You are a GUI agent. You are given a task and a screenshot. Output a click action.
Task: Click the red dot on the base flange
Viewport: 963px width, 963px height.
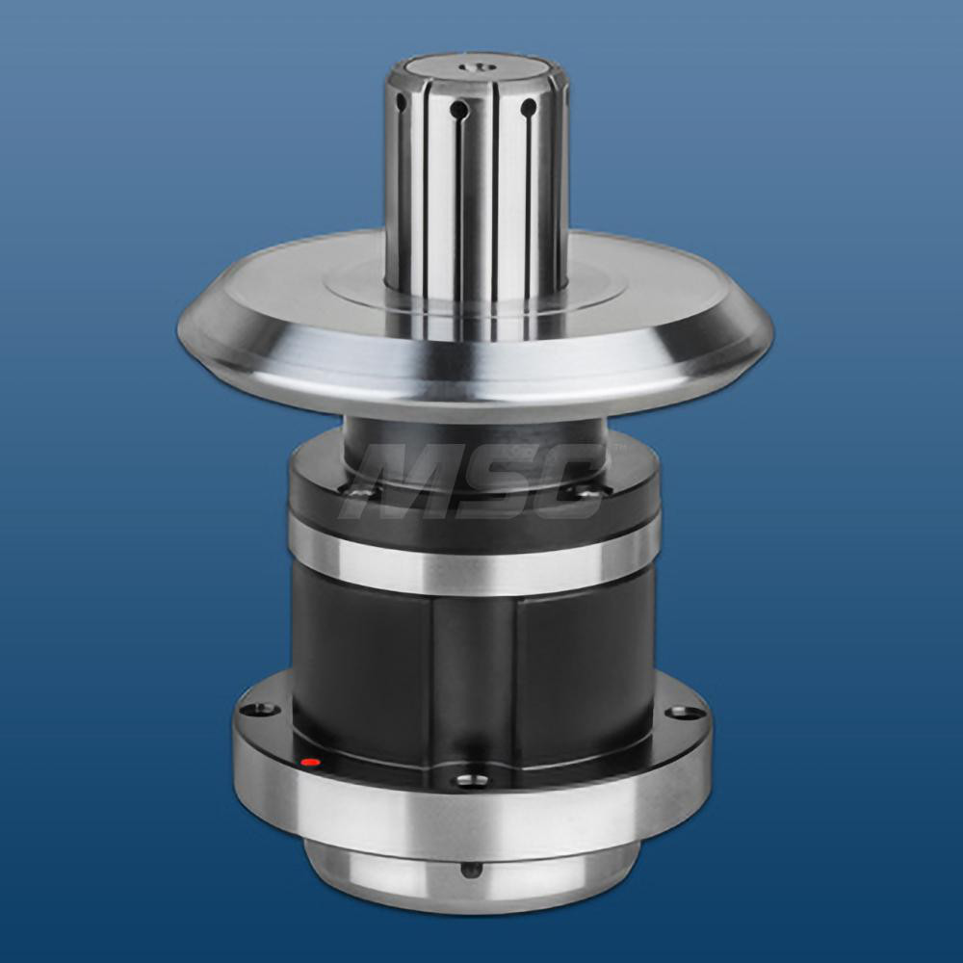[x=310, y=763]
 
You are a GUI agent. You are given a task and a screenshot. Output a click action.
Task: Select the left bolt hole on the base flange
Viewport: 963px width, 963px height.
[x=259, y=710]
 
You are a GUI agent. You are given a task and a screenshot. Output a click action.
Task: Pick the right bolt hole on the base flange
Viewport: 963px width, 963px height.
[x=687, y=713]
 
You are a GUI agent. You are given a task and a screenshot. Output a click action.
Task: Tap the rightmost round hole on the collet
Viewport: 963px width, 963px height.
[x=528, y=108]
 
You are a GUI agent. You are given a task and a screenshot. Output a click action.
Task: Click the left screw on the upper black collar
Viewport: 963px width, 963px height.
[x=362, y=493]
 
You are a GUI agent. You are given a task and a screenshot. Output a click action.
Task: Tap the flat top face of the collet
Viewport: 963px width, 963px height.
[x=472, y=72]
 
